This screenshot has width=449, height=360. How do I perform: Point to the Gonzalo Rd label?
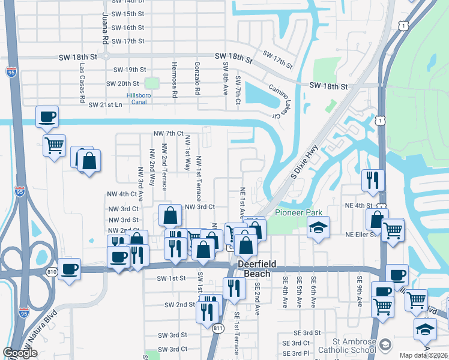(x=197, y=79)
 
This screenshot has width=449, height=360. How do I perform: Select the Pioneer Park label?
(x=298, y=212)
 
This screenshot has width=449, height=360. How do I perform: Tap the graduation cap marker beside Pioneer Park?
(x=318, y=227)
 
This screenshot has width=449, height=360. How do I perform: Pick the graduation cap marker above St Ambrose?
(x=425, y=328)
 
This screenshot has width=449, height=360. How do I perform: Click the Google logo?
(x=20, y=353)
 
